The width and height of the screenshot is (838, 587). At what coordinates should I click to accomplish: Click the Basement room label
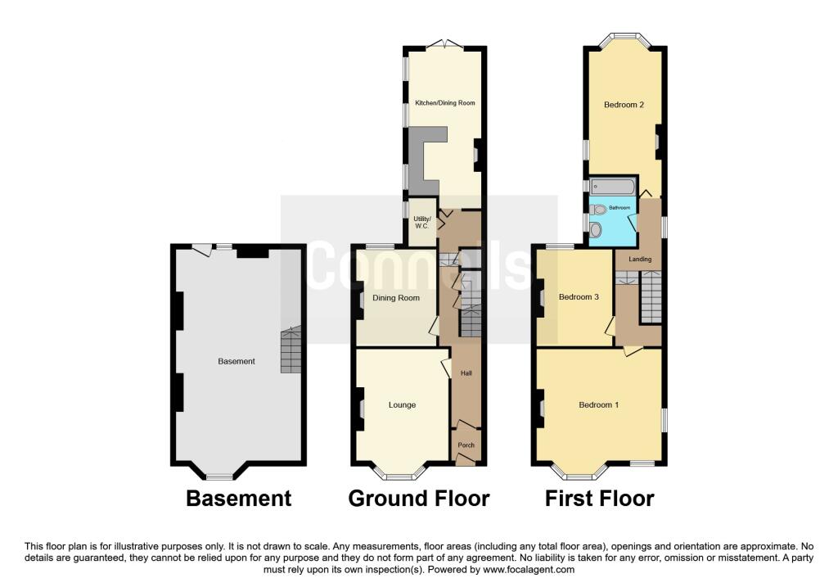click(x=237, y=361)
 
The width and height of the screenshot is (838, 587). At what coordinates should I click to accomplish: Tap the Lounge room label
click(x=402, y=405)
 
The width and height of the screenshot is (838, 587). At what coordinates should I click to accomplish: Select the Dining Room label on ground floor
click(x=396, y=298)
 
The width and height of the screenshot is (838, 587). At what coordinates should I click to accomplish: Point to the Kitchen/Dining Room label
click(x=445, y=102)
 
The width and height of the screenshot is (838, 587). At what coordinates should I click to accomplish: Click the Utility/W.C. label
click(x=421, y=223)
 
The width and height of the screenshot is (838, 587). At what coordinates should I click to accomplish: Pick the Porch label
click(x=466, y=445)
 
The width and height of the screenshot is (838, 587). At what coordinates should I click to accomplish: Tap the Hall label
click(x=466, y=373)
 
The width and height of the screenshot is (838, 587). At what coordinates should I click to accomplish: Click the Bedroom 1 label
click(x=598, y=404)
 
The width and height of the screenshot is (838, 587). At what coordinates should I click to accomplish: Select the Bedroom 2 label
click(x=624, y=105)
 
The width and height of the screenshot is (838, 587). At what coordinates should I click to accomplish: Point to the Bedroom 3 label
click(x=579, y=296)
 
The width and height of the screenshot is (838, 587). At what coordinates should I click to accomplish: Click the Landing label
click(x=640, y=260)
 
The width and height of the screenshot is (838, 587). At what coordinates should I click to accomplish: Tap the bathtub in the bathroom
click(x=612, y=187)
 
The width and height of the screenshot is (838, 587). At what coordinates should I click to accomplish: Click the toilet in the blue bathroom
click(x=599, y=210)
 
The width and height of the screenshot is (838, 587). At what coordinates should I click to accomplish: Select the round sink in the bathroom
click(x=596, y=230)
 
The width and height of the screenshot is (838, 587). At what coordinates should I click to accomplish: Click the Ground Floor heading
click(x=419, y=499)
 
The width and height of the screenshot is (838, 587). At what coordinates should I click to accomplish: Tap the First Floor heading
click(x=599, y=499)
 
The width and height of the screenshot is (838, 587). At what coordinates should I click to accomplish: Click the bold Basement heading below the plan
click(x=239, y=499)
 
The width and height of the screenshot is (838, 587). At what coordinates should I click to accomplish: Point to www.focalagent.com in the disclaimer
click(x=529, y=570)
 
